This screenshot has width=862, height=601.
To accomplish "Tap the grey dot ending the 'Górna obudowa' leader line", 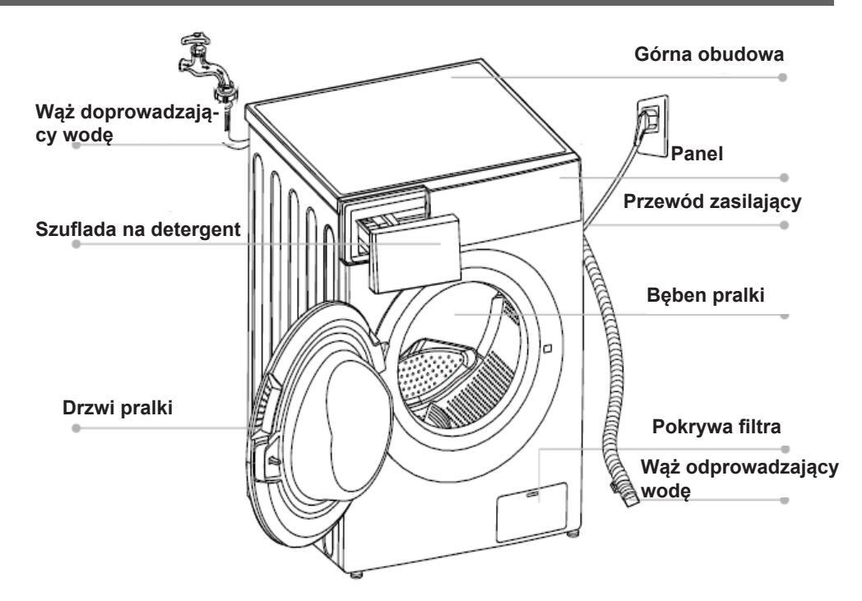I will point(782,76).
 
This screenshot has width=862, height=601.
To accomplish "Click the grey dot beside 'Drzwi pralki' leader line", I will point(76,428).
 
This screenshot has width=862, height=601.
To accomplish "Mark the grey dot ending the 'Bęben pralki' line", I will point(782,316).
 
